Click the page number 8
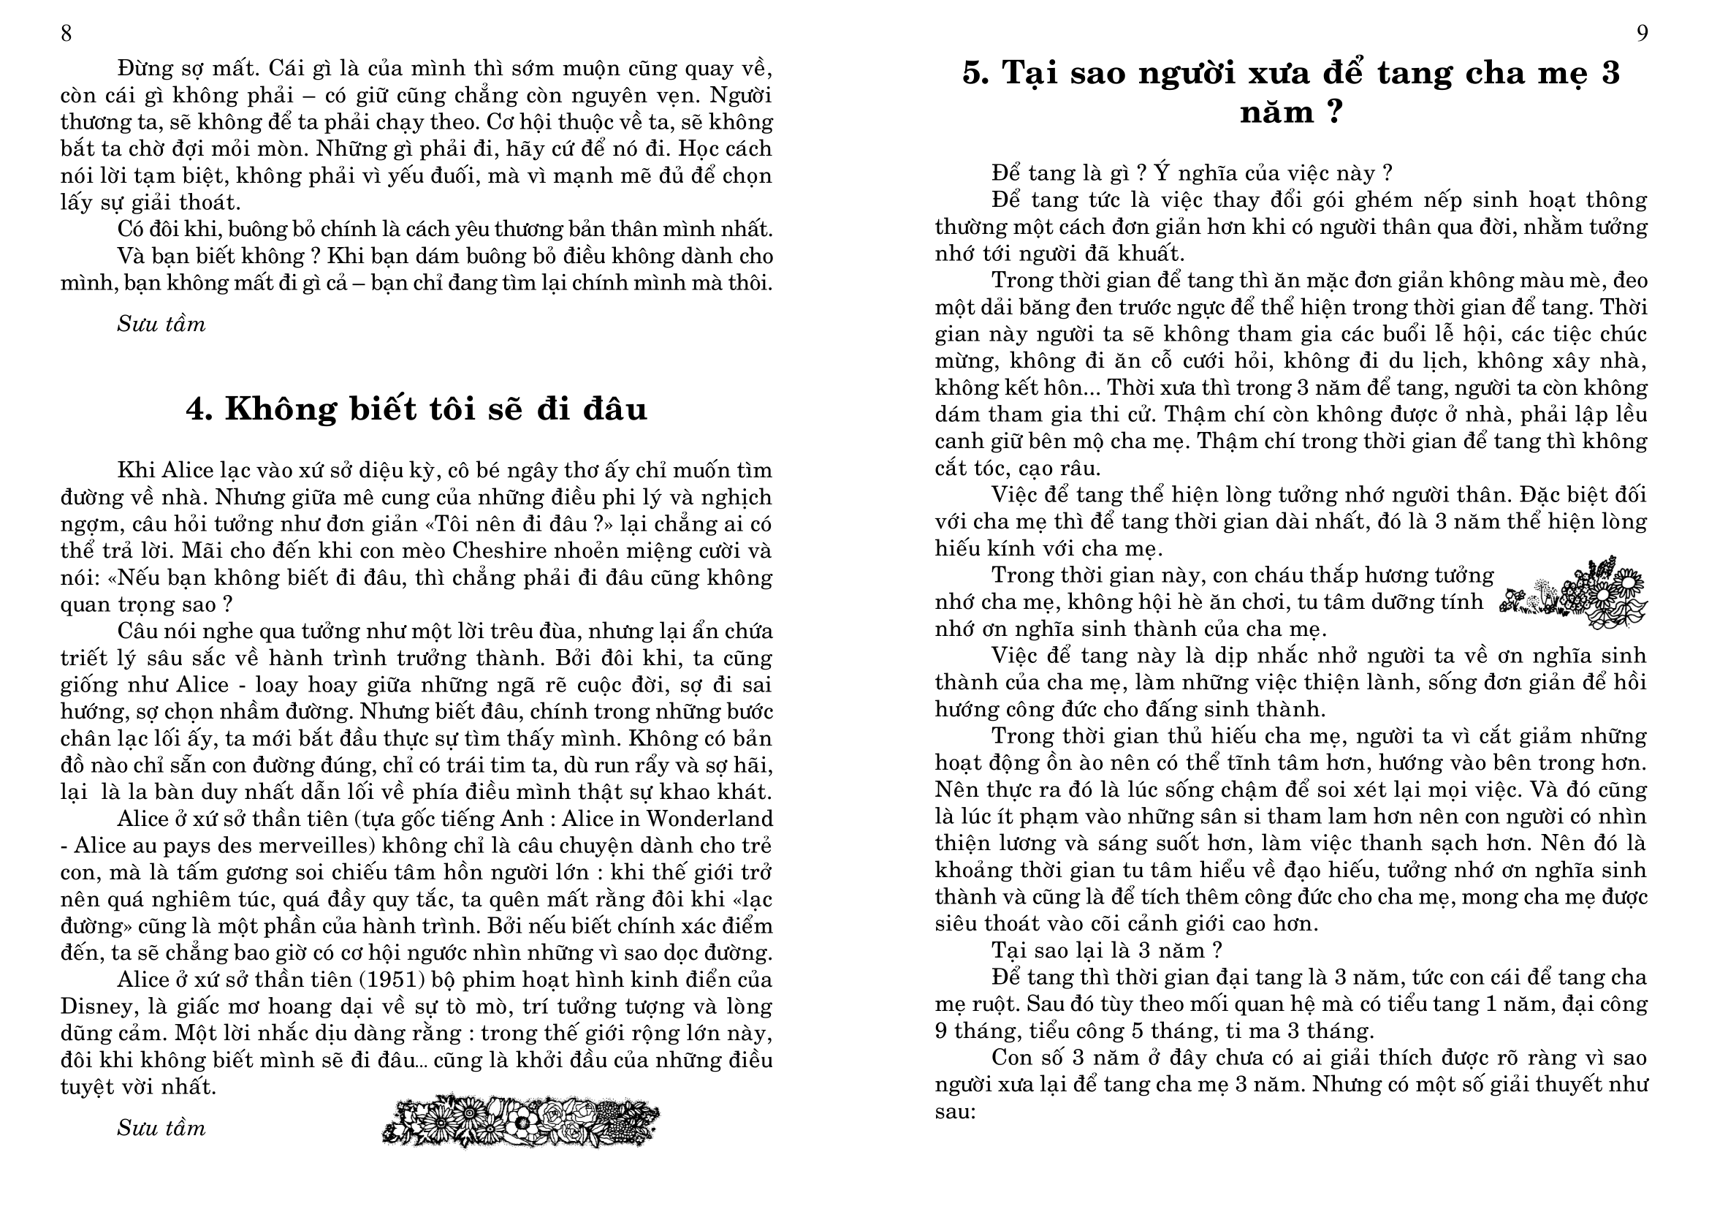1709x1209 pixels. [x=66, y=34]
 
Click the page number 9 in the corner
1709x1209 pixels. [x=1643, y=34]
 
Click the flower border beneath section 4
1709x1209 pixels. [x=520, y=1120]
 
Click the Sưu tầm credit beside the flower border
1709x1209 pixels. [x=161, y=1129]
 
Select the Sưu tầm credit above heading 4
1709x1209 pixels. [x=161, y=325]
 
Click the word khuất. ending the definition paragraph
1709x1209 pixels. [x=1152, y=254]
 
